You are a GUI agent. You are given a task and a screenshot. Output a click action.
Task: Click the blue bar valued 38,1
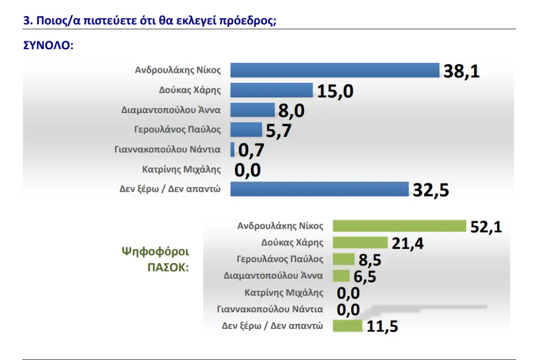335,70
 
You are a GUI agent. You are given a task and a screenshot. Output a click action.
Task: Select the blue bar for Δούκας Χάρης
271,90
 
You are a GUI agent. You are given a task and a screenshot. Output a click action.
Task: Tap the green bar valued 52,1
400,226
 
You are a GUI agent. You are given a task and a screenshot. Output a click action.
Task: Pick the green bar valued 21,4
360,243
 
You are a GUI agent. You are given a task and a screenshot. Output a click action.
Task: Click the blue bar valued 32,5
319,189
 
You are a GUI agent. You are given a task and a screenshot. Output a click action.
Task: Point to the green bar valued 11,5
348,325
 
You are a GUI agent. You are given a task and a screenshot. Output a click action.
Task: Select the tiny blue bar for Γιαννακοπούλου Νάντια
232,149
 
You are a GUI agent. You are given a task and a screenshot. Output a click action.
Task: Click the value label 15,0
335,91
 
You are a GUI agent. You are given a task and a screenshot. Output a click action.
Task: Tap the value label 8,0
291,111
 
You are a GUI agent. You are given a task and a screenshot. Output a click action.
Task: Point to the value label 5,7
278,131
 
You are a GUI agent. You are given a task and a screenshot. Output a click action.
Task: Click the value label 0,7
250,150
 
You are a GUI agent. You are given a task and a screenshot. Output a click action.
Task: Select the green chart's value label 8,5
370,260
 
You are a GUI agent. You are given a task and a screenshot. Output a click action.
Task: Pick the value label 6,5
365,276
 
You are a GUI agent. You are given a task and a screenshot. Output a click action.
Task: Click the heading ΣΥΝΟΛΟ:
48,46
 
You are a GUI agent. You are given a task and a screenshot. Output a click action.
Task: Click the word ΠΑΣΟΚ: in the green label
168,267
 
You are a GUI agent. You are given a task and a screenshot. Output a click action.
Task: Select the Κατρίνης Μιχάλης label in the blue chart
181,169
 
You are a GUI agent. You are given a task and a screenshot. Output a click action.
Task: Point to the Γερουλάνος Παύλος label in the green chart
280,259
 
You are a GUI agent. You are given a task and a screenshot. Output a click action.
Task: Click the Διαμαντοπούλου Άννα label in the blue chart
171,110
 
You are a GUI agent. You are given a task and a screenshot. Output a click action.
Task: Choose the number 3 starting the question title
27,21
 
